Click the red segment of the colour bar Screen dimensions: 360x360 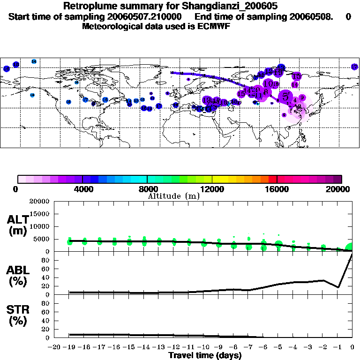(273, 179)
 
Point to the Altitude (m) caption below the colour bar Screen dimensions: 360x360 (173, 196)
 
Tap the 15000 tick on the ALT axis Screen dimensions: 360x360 (41, 214)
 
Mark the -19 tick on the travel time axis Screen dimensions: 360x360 (70, 347)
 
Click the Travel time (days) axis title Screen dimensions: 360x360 (205, 356)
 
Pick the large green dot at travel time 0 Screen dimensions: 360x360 (351, 247)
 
